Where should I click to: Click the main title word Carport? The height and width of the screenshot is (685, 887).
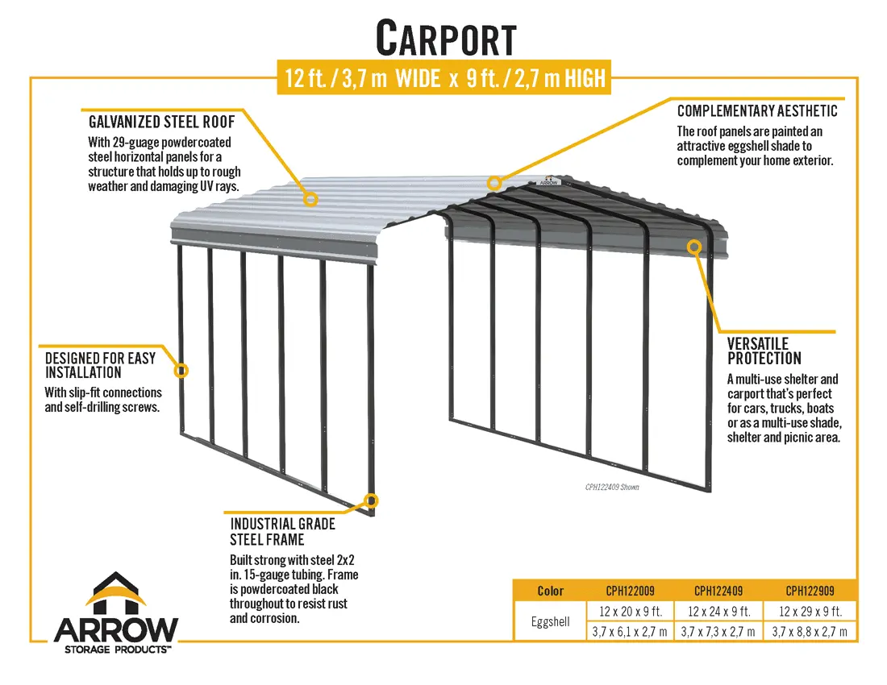pyautogui.click(x=446, y=39)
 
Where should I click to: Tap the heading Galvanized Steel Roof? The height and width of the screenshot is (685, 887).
pyautogui.click(x=162, y=122)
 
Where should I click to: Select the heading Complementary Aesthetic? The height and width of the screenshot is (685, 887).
pyautogui.click(x=757, y=110)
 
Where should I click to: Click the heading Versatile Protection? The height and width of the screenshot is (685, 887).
pyautogui.click(x=764, y=351)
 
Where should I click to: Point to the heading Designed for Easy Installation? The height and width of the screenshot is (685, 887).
pyautogui.click(x=100, y=365)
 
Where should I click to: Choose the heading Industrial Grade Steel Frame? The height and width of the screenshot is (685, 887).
pyautogui.click(x=282, y=532)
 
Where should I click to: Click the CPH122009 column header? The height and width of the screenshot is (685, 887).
pyautogui.click(x=630, y=592)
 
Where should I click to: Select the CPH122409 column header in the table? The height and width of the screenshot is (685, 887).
pyautogui.click(x=718, y=592)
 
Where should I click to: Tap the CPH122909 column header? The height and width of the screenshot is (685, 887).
pyautogui.click(x=810, y=592)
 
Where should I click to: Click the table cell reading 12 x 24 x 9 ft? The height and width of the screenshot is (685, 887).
pyautogui.click(x=718, y=612)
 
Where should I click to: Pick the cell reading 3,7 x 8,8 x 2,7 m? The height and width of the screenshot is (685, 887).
pyautogui.click(x=810, y=632)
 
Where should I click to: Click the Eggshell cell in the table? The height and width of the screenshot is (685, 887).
pyautogui.click(x=550, y=621)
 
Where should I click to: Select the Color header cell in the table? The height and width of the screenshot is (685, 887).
pyautogui.click(x=550, y=592)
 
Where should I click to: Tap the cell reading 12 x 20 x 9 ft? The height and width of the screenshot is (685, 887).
pyautogui.click(x=630, y=612)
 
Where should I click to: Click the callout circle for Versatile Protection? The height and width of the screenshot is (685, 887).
pyautogui.click(x=694, y=247)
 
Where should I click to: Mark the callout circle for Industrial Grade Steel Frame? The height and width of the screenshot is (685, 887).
pyautogui.click(x=371, y=500)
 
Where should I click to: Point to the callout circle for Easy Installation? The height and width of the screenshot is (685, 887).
pyautogui.click(x=181, y=371)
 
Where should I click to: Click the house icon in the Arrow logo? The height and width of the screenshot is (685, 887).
pyautogui.click(x=115, y=593)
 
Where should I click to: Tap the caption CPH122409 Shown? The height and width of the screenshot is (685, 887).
pyautogui.click(x=612, y=488)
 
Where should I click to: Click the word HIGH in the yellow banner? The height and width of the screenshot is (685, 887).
pyautogui.click(x=585, y=78)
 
